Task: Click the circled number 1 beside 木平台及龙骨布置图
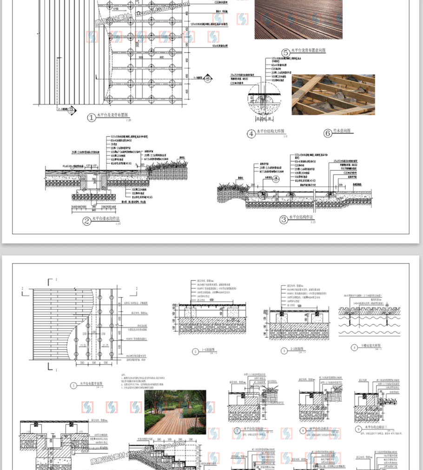tap(91, 118)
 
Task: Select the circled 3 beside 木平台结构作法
tap(284, 219)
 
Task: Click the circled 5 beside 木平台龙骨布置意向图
tap(285, 52)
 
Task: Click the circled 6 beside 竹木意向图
tap(328, 133)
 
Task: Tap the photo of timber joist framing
tap(333, 94)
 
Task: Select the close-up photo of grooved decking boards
tap(298, 19)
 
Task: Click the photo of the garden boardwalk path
tap(175, 411)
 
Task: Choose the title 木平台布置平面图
tap(93, 384)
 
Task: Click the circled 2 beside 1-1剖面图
tap(196, 352)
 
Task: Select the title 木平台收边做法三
tap(378, 428)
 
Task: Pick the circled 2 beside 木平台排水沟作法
tap(86, 221)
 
